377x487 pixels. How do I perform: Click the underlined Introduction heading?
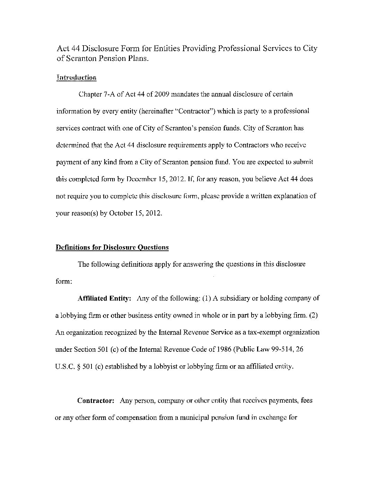(x=76, y=77)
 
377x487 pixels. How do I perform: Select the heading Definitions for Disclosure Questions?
(x=112, y=247)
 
